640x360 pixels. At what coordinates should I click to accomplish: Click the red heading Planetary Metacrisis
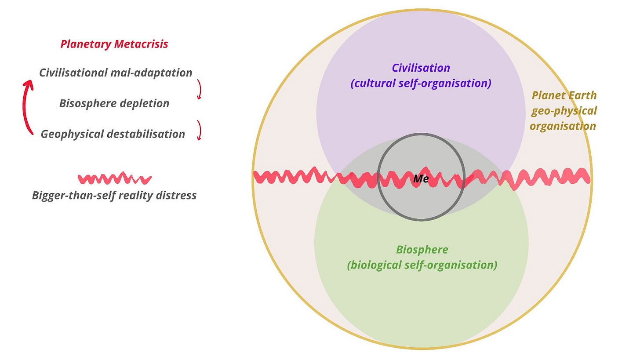tap(114, 44)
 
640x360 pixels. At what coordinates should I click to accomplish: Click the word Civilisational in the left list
tap(73, 73)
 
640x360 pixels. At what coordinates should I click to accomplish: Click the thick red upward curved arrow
tap(27, 108)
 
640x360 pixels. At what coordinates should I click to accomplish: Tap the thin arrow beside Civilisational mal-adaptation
tap(199, 89)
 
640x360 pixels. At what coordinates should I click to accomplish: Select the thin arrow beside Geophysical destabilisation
tap(199, 130)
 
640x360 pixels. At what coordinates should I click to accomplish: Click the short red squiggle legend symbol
tap(114, 178)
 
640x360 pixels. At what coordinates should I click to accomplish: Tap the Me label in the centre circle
tap(421, 178)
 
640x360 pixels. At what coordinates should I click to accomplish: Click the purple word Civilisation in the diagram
tap(421, 68)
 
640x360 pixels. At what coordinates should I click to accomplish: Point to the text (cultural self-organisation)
tap(421, 83)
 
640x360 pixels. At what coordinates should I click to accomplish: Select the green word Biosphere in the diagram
tap(422, 250)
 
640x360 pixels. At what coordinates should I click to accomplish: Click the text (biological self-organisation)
tap(422, 265)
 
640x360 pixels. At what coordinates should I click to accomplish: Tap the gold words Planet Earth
tap(564, 95)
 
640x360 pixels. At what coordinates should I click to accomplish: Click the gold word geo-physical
tap(564, 111)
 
